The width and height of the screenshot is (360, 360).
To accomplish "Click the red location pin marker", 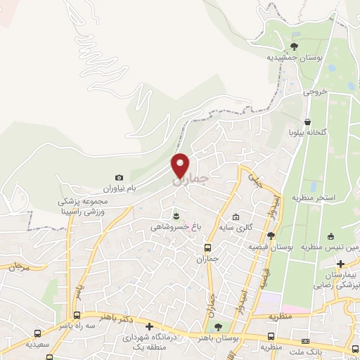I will click(181, 166).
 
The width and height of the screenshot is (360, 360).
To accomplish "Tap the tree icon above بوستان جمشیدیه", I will click(294, 46).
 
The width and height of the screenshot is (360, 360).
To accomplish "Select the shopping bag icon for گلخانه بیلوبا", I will click(308, 121).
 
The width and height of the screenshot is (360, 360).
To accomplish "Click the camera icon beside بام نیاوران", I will click(119, 178).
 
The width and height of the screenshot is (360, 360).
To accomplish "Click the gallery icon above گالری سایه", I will click(236, 217).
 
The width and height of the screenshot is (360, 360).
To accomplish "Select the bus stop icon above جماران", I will click(207, 247).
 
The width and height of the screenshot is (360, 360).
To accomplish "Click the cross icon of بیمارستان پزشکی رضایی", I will click(341, 262).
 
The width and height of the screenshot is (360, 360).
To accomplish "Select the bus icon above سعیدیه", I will click(37, 333).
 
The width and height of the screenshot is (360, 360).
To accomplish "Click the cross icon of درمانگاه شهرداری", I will click(148, 326).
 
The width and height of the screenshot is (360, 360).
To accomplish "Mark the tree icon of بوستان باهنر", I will click(217, 327).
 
